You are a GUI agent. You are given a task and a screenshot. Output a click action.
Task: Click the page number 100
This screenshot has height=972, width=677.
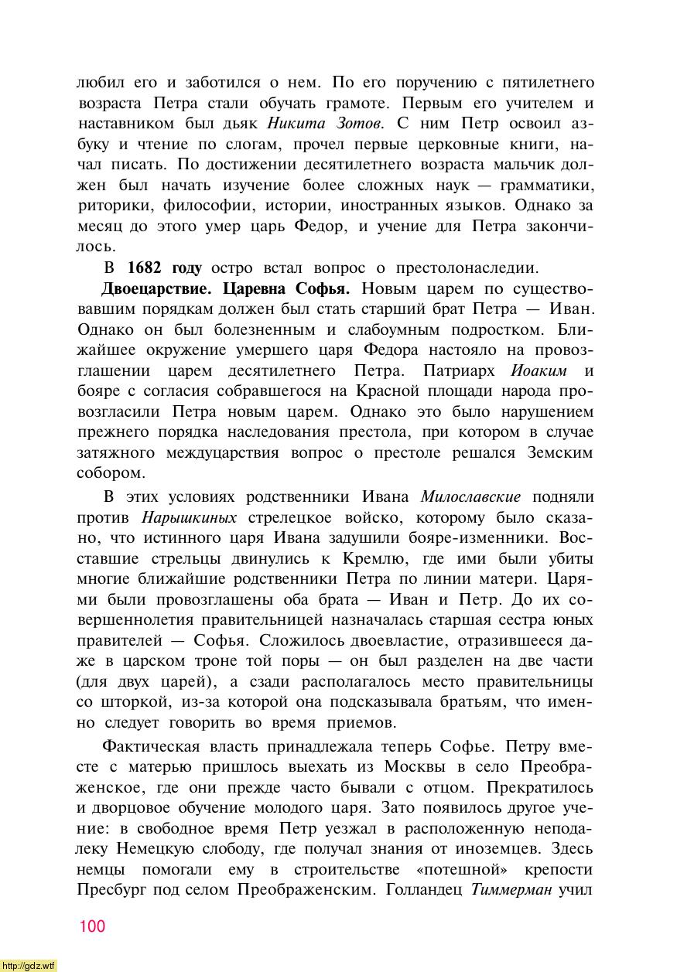coord(91,926)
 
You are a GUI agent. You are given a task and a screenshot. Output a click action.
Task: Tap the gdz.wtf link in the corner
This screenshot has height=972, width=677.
coord(29,966)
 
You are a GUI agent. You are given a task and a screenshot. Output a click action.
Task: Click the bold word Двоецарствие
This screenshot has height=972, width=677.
coord(158,289)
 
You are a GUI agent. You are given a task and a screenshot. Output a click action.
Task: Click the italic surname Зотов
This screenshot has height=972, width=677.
coord(358,122)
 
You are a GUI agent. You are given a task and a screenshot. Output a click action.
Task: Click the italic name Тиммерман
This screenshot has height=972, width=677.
coord(511,889)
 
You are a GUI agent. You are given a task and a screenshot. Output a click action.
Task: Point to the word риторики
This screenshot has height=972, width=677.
coord(115,206)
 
